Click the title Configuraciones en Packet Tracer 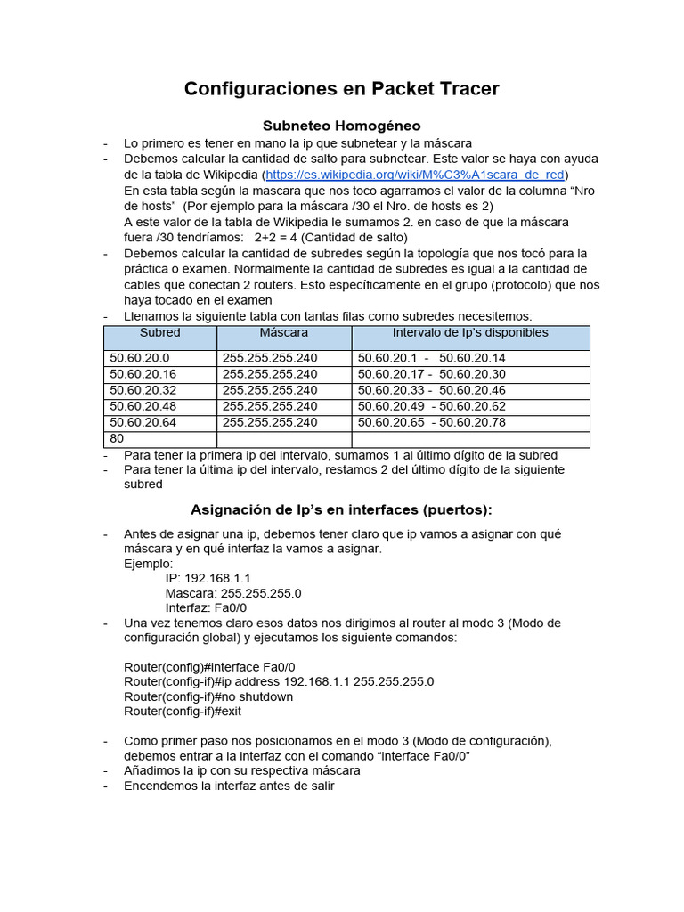(341, 88)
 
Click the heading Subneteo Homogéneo (341, 126)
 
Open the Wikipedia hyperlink (417, 175)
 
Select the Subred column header (160, 333)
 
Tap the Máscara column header (284, 333)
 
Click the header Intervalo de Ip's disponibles (470, 333)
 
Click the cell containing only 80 (117, 439)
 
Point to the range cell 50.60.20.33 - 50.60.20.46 (431, 390)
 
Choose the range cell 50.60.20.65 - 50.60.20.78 (431, 422)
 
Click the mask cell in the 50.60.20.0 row (270, 358)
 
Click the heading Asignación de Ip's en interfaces (341, 509)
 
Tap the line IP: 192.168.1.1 (208, 578)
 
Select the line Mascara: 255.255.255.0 (233, 593)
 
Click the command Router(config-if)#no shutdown (208, 696)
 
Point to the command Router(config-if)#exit (183, 712)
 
